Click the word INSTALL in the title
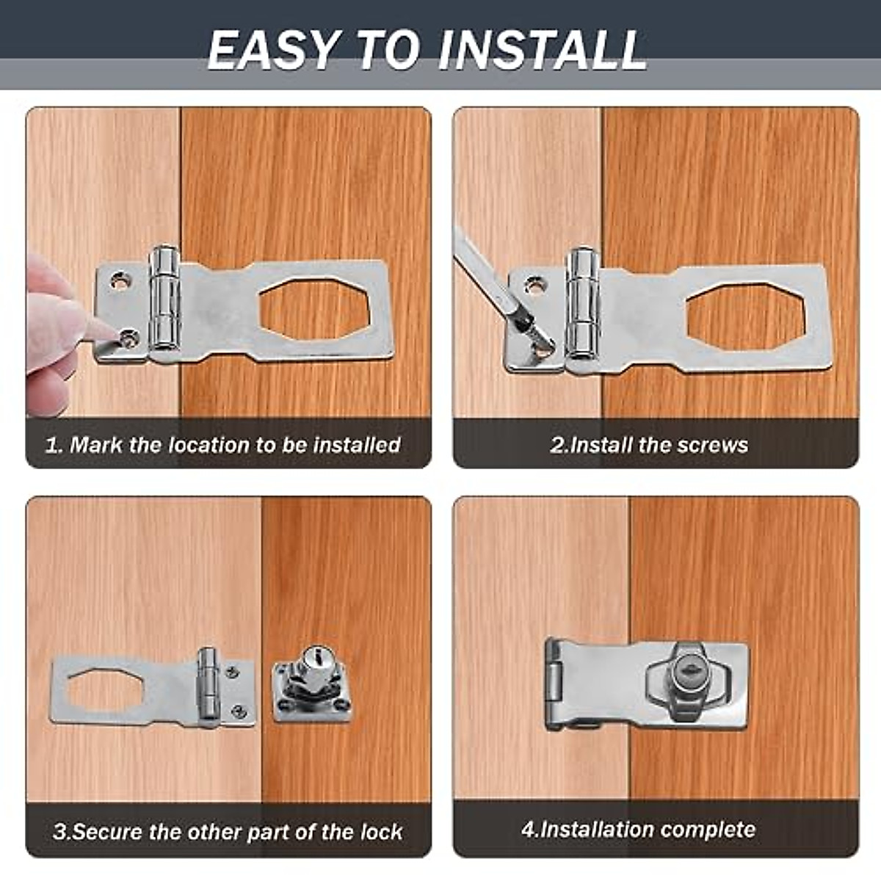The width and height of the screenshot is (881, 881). tap(542, 50)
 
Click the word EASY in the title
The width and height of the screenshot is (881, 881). tap(272, 50)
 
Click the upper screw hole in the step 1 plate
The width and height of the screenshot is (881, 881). tap(119, 280)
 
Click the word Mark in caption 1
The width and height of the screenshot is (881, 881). tap(95, 445)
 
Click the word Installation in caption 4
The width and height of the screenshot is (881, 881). tap(587, 830)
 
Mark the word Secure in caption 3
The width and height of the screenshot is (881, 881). tap(108, 832)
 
